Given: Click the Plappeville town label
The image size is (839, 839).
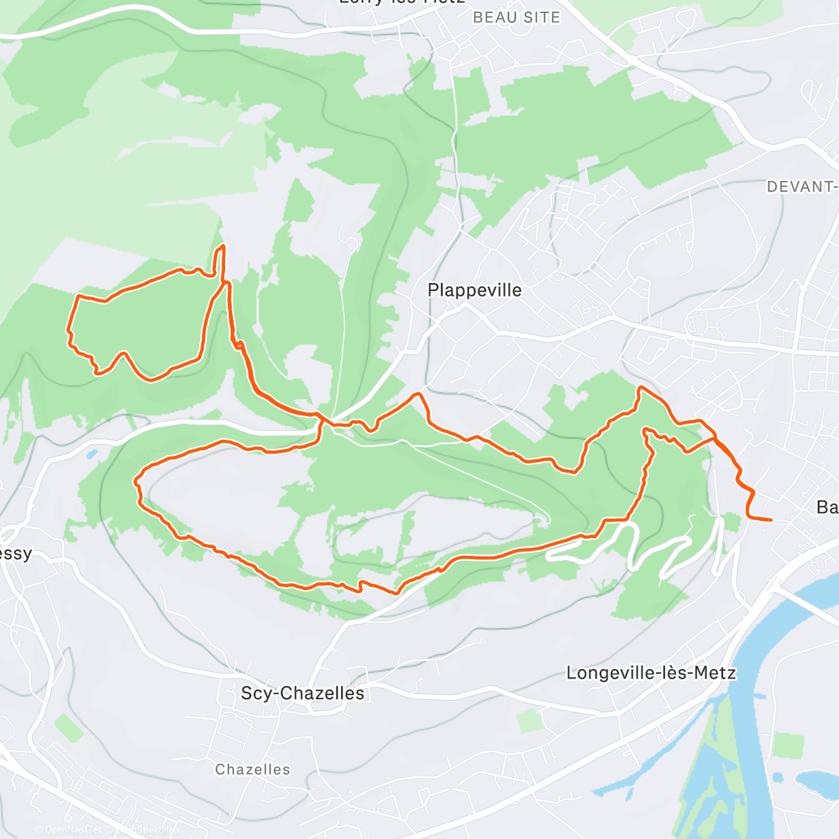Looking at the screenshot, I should [x=474, y=290].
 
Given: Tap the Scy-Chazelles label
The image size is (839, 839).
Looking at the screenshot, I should [x=302, y=693].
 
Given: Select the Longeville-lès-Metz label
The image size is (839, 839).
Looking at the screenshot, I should [x=651, y=673].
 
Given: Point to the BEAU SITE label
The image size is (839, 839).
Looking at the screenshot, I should [x=517, y=17].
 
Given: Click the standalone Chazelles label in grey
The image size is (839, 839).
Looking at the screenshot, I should [x=252, y=769].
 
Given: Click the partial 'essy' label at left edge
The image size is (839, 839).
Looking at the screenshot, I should [x=15, y=554].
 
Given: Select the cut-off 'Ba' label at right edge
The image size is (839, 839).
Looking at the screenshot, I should [x=827, y=506].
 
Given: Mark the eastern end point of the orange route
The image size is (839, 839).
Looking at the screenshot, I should [x=770, y=520].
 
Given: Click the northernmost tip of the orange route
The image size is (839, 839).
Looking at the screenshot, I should [x=223, y=246].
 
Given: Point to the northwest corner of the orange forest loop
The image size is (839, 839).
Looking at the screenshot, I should [x=77, y=297].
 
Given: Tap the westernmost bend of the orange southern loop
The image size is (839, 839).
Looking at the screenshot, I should [x=136, y=481].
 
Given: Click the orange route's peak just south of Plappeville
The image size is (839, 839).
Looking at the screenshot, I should [x=419, y=395].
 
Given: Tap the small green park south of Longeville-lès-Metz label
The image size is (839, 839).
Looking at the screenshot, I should [x=530, y=721].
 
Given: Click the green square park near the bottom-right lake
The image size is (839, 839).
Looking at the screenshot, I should [x=788, y=745].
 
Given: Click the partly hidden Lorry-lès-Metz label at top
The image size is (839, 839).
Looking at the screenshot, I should [x=402, y=2].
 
